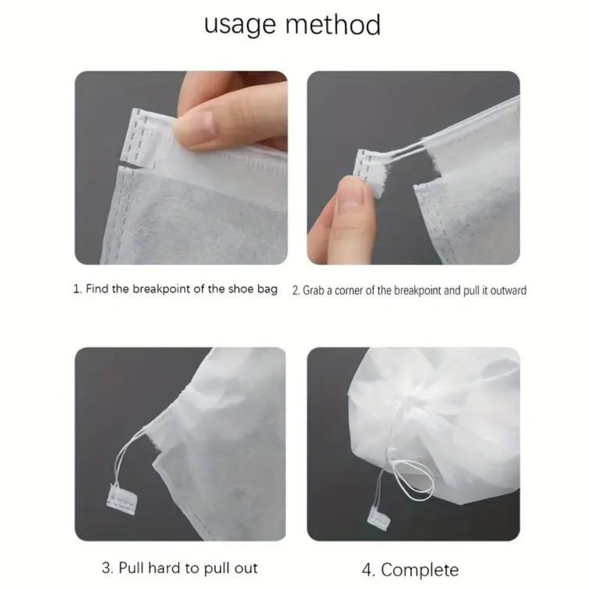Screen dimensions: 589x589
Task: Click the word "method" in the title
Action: [333, 24]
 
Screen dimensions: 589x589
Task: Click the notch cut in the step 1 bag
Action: [132, 166]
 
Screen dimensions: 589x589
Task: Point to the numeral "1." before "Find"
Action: [77, 289]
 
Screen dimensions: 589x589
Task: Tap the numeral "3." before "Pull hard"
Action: [107, 568]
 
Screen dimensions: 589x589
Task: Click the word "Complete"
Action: [420, 570]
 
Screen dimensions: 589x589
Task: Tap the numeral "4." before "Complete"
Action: [368, 570]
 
